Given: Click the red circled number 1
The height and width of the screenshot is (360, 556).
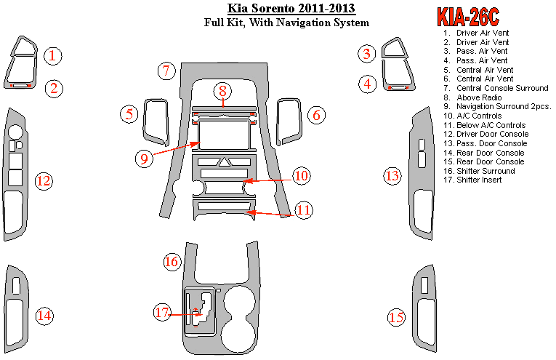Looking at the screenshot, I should (x=52, y=55).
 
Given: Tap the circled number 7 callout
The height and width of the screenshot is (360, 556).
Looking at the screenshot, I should (x=166, y=71).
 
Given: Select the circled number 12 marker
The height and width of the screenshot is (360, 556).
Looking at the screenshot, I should (x=44, y=180).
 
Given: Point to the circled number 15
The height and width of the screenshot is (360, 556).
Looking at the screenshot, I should (x=396, y=317).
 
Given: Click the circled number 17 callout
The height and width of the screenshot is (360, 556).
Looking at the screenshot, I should (x=161, y=313).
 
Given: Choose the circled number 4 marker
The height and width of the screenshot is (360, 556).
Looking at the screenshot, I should (x=368, y=84).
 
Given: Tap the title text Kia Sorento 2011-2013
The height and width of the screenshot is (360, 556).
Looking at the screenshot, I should (x=286, y=9).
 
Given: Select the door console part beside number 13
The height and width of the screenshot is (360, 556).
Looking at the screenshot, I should (x=421, y=175).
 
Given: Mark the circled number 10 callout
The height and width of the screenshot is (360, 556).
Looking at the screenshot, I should (x=302, y=175).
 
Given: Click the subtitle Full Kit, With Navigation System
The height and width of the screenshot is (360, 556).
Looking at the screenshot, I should (x=286, y=23).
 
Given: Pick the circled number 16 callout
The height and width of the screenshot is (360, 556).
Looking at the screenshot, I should (x=172, y=262).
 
